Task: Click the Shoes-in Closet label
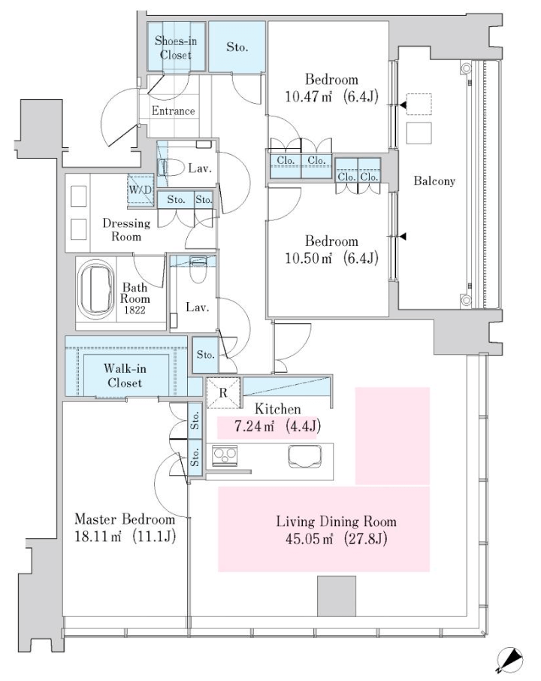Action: pos(176,48)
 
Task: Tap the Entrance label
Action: pos(174,110)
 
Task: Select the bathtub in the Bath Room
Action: pos(96,289)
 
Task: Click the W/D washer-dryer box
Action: pos(141,189)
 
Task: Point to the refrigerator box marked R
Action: pos(223,392)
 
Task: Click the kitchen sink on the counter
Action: pos(305,456)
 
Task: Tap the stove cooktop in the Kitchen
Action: pos(225,456)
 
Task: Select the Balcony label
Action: pos(434,180)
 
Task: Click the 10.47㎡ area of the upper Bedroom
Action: pos(309,96)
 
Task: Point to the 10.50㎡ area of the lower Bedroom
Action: pos(309,258)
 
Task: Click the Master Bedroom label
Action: pos(125,519)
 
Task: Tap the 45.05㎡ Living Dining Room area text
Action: pos(309,539)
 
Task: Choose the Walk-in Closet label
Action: pos(125,376)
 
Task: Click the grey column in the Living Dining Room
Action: pos(337,596)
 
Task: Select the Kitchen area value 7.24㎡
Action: pos(254,426)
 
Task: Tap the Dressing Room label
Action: pos(126,230)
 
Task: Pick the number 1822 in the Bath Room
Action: pos(134,310)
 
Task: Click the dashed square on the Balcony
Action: pos(419,104)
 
